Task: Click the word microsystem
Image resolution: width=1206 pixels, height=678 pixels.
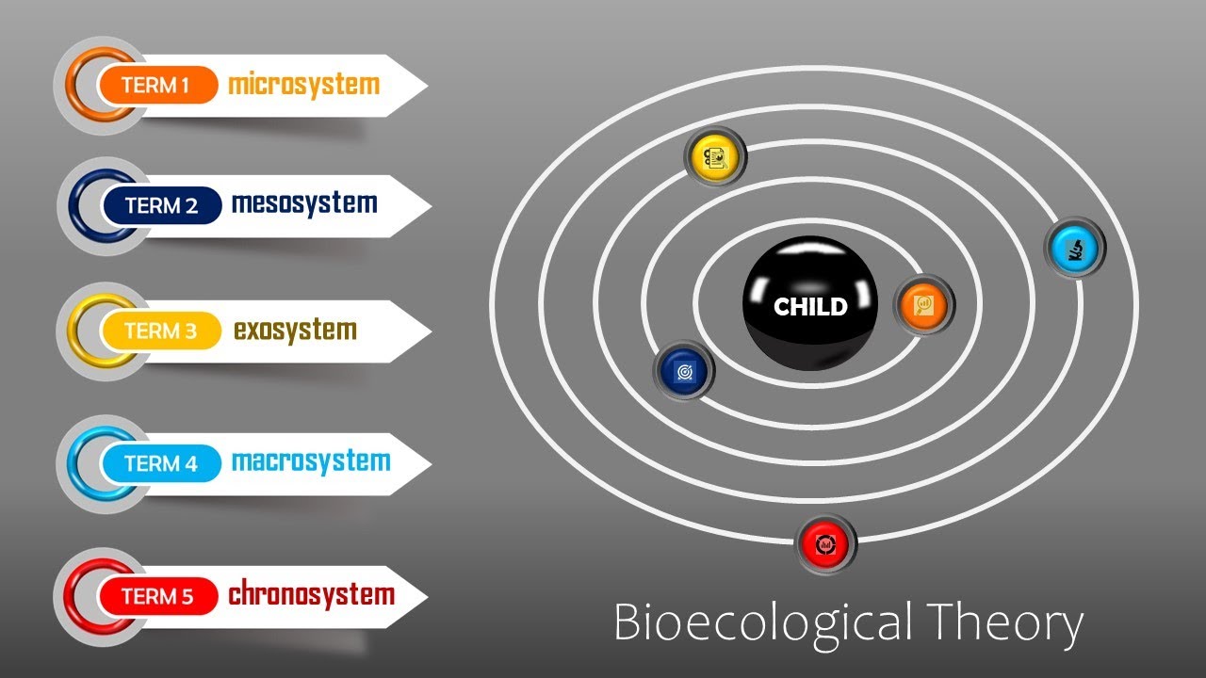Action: [303, 85]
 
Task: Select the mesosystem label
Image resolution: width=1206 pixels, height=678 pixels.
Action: [303, 203]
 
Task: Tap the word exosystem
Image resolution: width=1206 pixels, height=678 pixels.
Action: [295, 331]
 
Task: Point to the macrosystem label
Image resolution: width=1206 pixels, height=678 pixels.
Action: [310, 462]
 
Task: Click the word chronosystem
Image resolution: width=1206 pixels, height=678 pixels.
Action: [311, 595]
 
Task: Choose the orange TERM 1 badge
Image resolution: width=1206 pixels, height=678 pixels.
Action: [155, 86]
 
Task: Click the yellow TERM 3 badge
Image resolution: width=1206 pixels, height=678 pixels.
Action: [159, 331]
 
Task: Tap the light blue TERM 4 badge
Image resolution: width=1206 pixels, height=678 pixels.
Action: [160, 463]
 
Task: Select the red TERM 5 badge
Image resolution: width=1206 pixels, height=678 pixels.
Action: [157, 596]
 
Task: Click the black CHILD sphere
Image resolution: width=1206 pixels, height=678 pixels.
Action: [810, 304]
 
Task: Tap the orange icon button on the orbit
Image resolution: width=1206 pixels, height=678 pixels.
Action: [924, 304]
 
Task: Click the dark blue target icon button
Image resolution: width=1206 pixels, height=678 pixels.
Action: [684, 370]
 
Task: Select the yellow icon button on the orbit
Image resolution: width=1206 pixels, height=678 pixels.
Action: [715, 155]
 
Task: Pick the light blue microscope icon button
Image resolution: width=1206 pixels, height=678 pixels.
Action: [1075, 247]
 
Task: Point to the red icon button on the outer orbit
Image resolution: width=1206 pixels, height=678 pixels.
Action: [826, 543]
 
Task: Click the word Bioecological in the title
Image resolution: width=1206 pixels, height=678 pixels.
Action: [761, 623]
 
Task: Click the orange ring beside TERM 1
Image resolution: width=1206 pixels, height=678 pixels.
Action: [87, 86]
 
